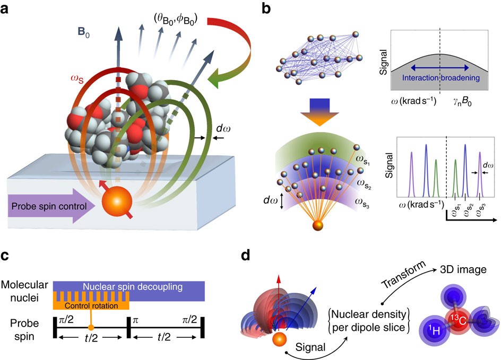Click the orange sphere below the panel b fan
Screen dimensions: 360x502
tap(317, 226)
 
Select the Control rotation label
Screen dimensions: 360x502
tap(91, 306)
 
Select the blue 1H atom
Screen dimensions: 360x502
tap(432, 335)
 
